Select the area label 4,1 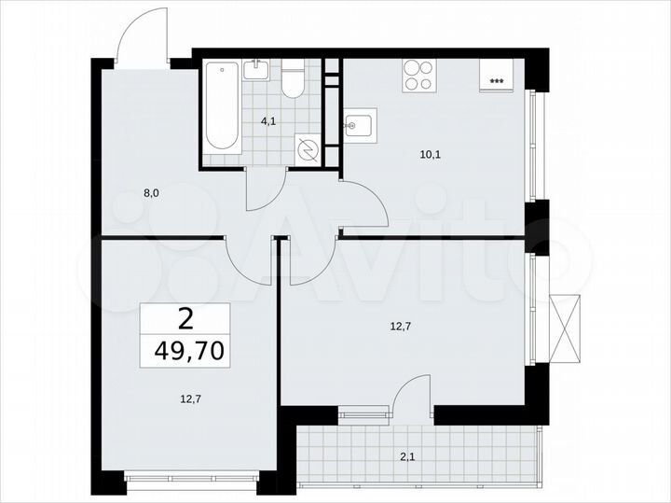(x=268, y=120)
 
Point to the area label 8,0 (x=151, y=194)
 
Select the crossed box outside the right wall (x=566, y=327)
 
